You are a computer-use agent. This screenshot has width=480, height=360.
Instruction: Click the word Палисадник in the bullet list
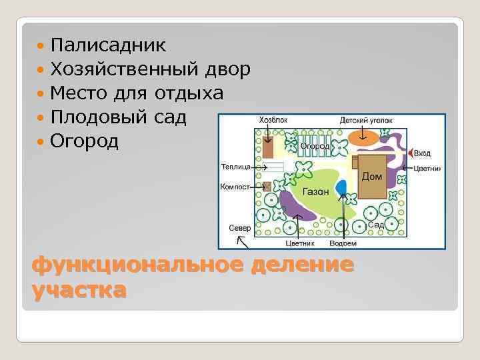click(x=108, y=45)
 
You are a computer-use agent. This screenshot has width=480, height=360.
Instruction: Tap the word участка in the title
click(x=78, y=290)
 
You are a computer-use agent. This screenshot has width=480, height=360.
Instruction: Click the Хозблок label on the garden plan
click(x=273, y=120)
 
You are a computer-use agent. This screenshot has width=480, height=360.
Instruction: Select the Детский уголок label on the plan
click(x=366, y=120)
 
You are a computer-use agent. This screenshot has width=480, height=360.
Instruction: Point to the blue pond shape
click(x=341, y=188)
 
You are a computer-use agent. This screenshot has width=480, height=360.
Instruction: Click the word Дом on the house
click(x=371, y=177)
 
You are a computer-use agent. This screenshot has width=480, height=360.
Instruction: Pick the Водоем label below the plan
click(x=343, y=243)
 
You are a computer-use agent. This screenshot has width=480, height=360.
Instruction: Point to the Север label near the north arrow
click(x=240, y=227)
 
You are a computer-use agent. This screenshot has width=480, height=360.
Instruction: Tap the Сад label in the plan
click(x=377, y=225)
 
